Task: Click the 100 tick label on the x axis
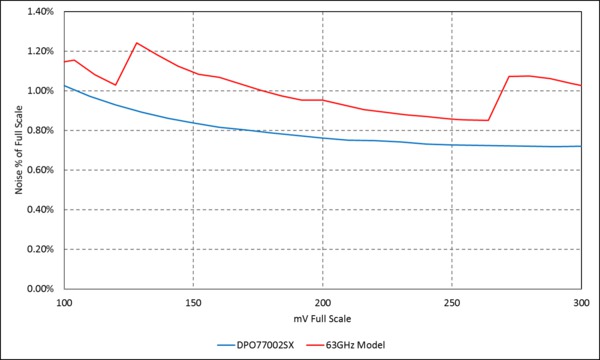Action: click(65, 301)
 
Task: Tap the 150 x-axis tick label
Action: click(194, 301)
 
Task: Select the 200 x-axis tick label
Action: click(323, 301)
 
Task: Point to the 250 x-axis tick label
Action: click(452, 301)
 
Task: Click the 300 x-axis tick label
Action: click(581, 301)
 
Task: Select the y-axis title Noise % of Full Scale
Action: click(17, 150)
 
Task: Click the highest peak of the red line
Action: click(136, 43)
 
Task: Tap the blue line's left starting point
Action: click(65, 86)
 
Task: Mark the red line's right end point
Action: click(581, 86)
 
